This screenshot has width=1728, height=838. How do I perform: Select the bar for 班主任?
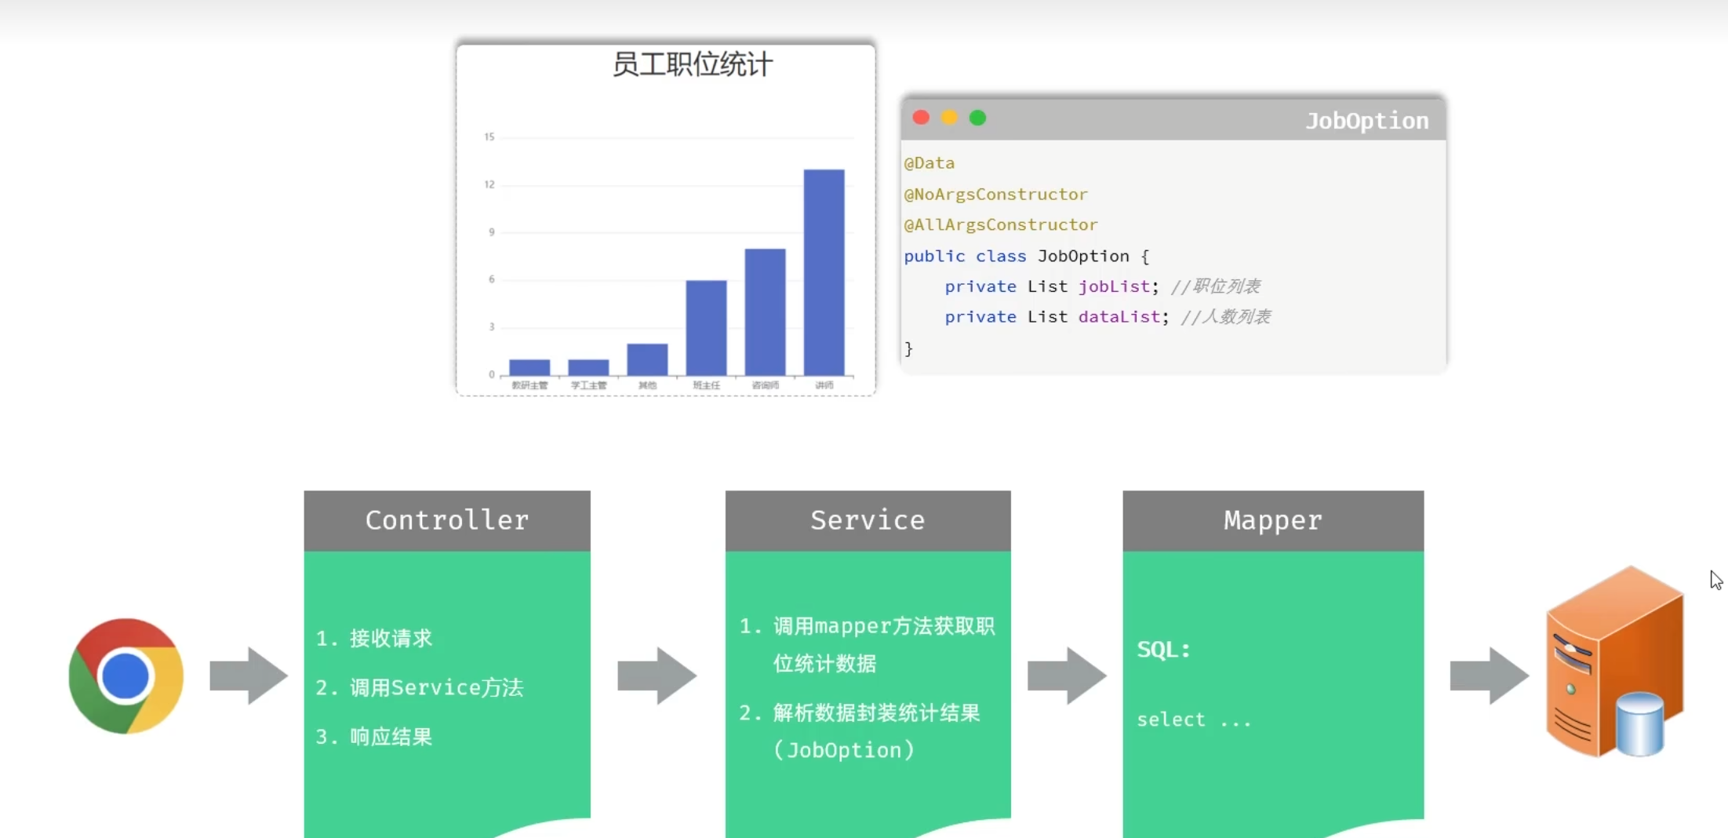[706, 327]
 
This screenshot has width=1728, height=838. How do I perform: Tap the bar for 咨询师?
[765, 312]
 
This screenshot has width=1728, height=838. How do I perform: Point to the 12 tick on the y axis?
[489, 184]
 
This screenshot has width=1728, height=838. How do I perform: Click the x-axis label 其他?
[647, 385]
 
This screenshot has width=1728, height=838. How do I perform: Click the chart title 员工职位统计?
[692, 64]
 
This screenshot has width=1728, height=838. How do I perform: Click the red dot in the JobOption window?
[921, 118]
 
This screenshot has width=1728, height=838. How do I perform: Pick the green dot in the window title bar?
[977, 118]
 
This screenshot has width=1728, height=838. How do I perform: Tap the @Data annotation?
[929, 163]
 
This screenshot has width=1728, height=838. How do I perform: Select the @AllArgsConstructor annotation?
[1000, 225]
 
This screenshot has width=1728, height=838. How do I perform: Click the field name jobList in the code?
[1114, 286]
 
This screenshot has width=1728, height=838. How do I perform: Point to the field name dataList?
[1119, 317]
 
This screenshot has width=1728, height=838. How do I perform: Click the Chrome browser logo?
[126, 676]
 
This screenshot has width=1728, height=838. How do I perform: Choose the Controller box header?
[447, 520]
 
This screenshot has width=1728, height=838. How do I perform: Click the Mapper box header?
[1272, 520]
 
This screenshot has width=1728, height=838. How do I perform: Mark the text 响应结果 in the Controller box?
[391, 737]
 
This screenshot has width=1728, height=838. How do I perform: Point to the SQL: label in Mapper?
[1163, 650]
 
